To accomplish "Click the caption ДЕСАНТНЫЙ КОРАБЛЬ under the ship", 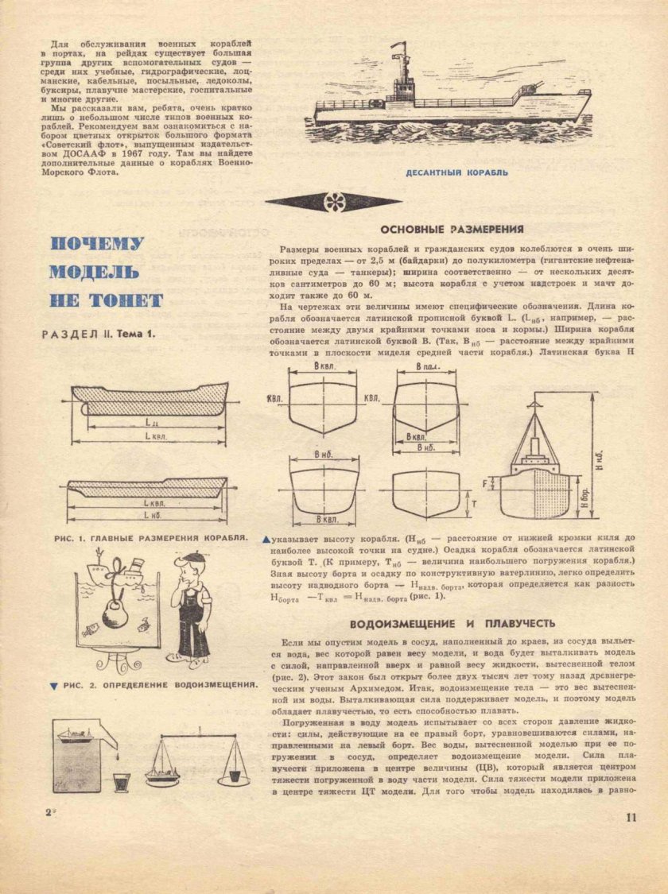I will [x=456, y=172].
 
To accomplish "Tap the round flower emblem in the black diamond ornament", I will [x=333, y=202].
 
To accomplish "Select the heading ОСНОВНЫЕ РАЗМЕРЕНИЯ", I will [x=451, y=229].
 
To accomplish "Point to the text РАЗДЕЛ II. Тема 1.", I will [x=99, y=335].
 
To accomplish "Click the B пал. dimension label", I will [x=425, y=367].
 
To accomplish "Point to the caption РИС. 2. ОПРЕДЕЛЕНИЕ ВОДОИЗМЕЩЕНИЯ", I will [x=159, y=683].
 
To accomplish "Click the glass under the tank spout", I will [x=121, y=783].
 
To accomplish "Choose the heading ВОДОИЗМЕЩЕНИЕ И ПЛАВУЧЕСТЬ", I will [x=452, y=623].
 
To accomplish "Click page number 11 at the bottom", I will [x=631, y=818].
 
